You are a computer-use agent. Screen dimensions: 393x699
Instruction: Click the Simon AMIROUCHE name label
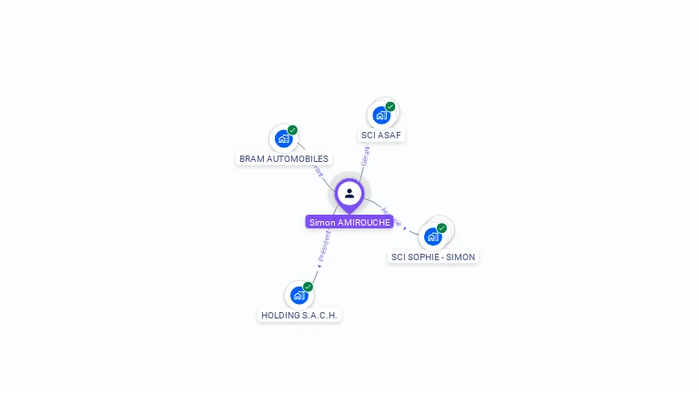pos(349,222)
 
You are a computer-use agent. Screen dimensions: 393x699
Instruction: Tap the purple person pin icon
pos(349,194)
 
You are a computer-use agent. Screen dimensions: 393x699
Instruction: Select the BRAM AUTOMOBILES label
pos(284,158)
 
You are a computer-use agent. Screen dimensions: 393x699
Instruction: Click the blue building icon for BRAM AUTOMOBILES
pos(283,139)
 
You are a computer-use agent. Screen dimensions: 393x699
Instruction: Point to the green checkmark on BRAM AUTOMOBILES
pos(293,130)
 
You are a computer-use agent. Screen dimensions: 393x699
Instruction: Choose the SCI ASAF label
pos(381,135)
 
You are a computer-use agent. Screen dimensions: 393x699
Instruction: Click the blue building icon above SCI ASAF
pos(380,116)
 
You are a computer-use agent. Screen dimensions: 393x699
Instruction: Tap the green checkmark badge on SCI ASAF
pos(390,106)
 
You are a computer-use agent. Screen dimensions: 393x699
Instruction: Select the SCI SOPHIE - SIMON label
pos(433,257)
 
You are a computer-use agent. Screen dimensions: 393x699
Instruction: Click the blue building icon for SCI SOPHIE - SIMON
pos(432,237)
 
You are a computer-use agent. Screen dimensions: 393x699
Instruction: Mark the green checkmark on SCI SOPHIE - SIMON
pos(442,228)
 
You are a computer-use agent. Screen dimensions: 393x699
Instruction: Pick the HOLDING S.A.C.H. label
pos(299,315)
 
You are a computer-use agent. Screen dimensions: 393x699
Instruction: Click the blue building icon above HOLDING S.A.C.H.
pos(299,296)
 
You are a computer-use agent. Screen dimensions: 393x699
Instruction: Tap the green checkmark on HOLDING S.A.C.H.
pos(309,287)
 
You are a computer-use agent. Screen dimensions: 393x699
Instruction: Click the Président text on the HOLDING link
pos(324,247)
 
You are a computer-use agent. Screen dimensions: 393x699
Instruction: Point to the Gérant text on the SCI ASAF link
pos(366,155)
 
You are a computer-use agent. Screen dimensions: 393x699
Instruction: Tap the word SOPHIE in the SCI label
pos(420,257)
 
